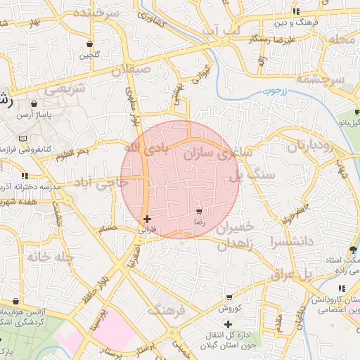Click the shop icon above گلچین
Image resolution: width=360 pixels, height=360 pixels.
89,44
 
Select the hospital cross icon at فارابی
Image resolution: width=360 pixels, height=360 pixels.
147,219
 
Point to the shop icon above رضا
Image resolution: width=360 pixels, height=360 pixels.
200,211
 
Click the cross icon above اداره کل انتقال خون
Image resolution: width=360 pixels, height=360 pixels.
228,323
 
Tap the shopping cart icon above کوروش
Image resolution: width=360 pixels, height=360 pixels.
229,298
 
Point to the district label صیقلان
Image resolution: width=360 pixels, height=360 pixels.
131,70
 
